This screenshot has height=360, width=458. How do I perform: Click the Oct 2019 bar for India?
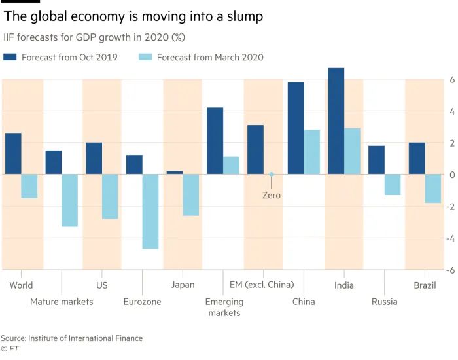[x=336, y=121]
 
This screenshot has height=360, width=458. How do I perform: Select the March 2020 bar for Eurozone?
[x=150, y=211]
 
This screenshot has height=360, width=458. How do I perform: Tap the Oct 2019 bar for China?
[x=296, y=128]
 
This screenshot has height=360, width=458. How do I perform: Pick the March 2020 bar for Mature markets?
[x=70, y=200]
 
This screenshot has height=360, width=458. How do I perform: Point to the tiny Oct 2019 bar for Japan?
[x=175, y=173]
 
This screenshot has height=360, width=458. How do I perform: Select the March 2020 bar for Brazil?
[x=433, y=189]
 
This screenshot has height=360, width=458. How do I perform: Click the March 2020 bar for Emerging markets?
[x=231, y=166]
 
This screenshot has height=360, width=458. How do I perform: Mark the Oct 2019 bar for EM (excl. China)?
[x=255, y=150]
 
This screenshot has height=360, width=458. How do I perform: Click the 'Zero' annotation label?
[x=271, y=195]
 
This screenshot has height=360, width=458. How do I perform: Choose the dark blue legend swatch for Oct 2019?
[x=10, y=58]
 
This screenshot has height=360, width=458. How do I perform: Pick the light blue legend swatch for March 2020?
[x=145, y=58]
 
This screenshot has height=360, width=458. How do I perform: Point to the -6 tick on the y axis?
[x=451, y=270]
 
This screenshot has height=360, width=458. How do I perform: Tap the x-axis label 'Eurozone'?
[x=142, y=302]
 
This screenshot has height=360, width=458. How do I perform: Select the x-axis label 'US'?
[x=102, y=285]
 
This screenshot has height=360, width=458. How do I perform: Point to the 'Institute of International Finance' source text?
[x=85, y=338]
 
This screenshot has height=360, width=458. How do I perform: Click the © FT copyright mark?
[x=9, y=350]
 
